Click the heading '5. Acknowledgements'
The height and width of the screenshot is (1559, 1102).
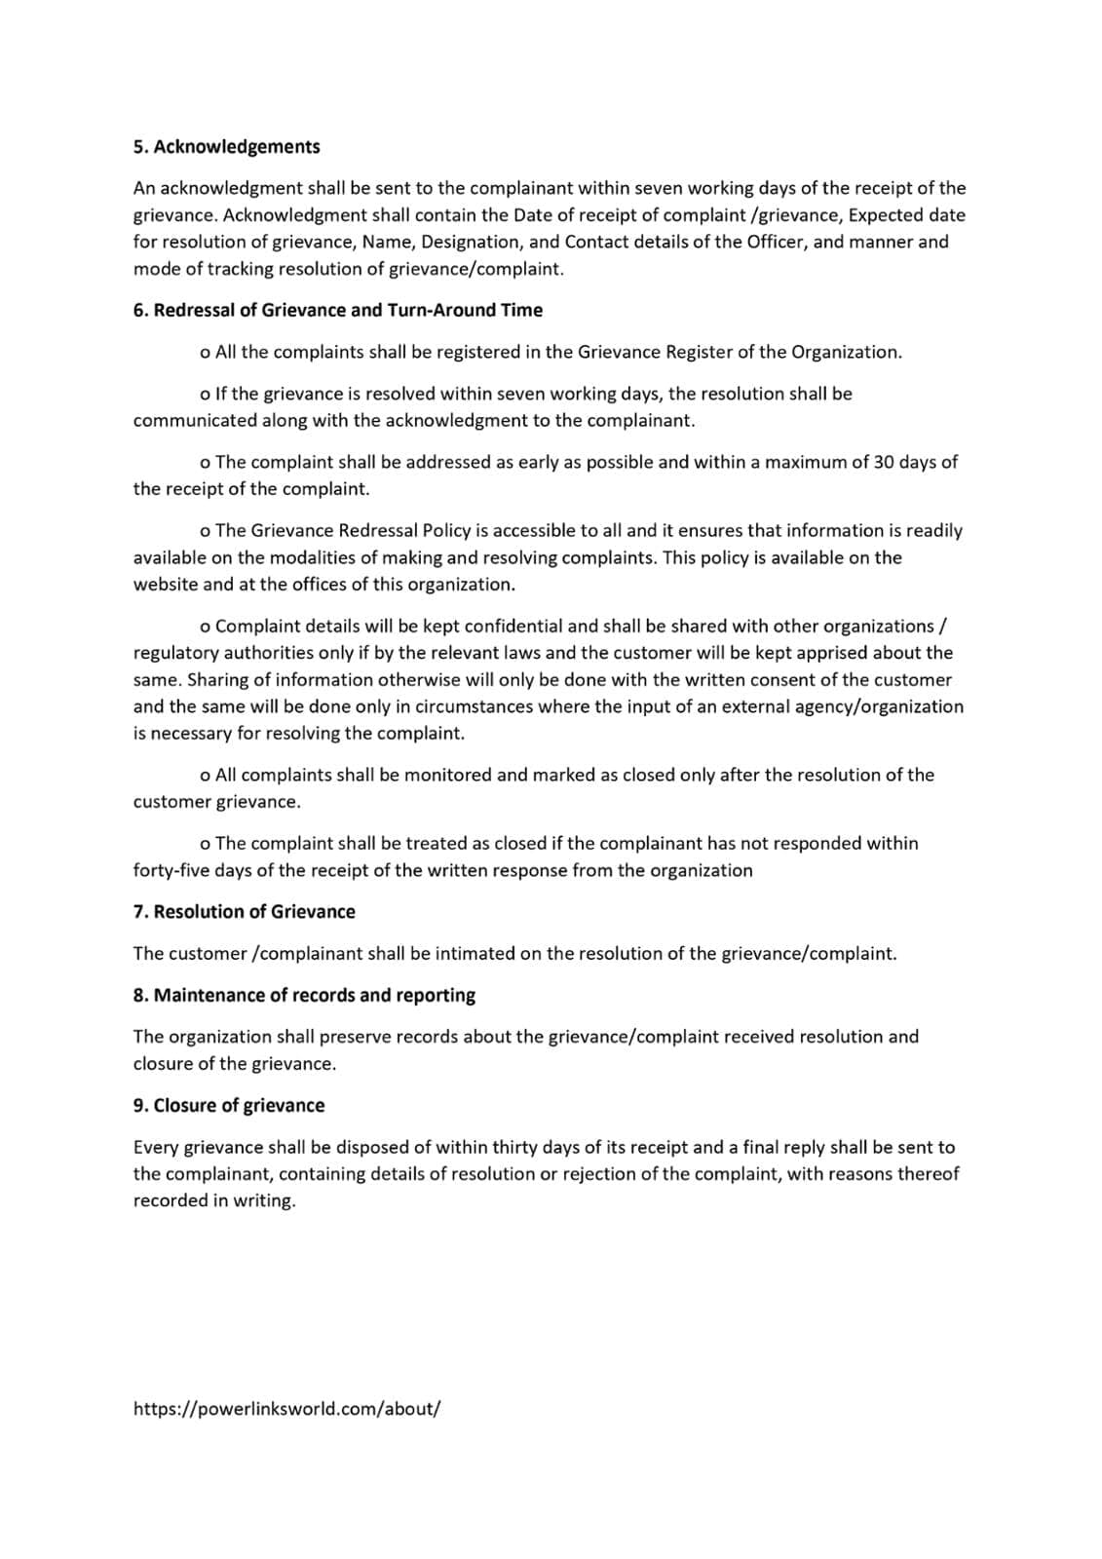point(226,147)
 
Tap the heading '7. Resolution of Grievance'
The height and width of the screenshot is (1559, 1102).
point(244,912)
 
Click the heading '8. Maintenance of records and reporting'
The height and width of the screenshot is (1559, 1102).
point(304,995)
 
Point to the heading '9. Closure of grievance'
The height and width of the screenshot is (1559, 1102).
point(229,1105)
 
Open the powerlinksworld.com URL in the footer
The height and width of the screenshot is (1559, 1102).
point(286,1409)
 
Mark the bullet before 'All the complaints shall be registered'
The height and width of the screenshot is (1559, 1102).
point(205,353)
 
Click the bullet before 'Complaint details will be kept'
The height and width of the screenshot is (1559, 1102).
point(205,627)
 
